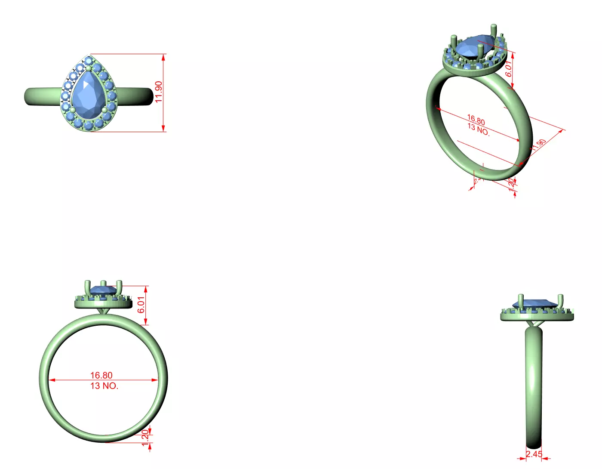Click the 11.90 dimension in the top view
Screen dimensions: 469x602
159,92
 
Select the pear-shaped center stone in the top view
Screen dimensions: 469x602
89,95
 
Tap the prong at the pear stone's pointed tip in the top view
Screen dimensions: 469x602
89,68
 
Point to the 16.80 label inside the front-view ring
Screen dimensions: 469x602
101,375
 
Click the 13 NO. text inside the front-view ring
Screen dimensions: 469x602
104,386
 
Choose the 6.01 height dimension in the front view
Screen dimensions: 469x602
141,305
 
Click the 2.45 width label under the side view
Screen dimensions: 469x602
534,454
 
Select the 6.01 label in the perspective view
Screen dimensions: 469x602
509,68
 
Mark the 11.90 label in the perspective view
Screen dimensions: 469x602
538,145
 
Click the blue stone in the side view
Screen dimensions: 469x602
535,303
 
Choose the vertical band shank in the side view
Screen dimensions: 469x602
534,387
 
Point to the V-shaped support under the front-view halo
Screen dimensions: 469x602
104,311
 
